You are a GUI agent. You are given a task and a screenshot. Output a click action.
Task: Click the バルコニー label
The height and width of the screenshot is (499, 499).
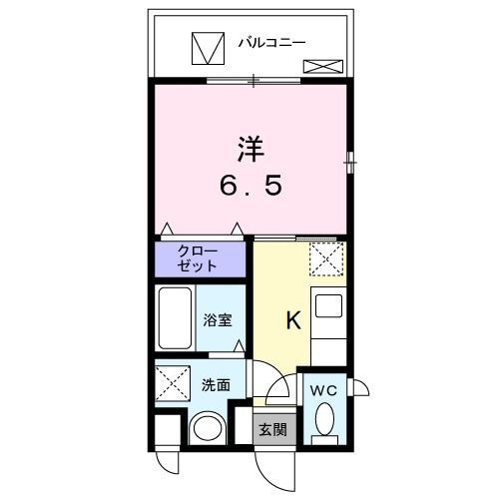(x=270, y=42)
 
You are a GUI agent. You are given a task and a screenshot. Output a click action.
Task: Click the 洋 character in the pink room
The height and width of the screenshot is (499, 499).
(x=250, y=150)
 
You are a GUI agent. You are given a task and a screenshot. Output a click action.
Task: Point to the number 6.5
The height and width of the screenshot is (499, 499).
(x=250, y=187)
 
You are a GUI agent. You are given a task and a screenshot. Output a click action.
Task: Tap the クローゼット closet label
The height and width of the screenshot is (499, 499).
(x=199, y=257)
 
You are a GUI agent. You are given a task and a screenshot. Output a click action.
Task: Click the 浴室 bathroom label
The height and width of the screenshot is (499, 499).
(x=220, y=321)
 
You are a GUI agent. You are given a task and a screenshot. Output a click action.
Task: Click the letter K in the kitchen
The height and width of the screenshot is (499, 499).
(x=293, y=320)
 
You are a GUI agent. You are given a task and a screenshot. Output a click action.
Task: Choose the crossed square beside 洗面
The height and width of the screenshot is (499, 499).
(x=173, y=381)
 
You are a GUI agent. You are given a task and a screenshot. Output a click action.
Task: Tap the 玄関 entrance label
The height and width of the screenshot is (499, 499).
(x=271, y=430)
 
